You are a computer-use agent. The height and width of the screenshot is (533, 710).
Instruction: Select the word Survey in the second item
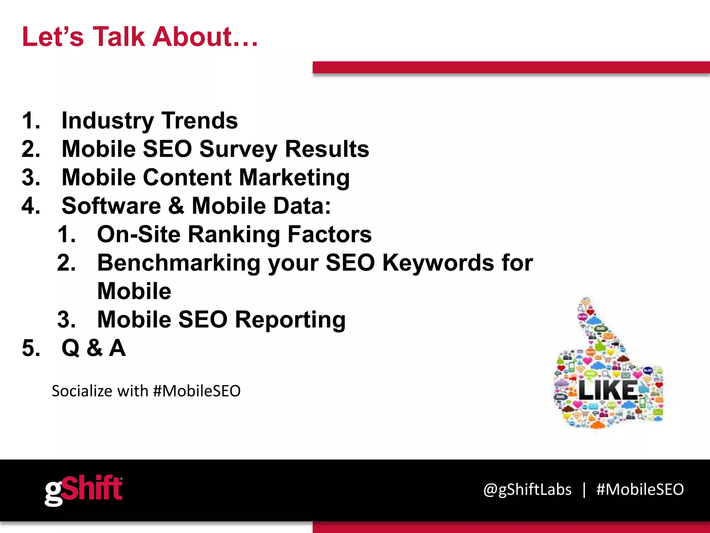pos(238,149)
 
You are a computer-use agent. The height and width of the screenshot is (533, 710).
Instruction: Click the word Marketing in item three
pos(294,178)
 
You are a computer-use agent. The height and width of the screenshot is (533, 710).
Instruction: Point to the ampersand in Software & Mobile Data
pos(176,206)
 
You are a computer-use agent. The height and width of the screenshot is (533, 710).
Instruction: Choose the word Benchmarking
pos(179,263)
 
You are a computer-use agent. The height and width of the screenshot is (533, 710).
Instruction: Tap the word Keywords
pos(438,263)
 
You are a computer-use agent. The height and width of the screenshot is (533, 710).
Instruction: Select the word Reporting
pos(290,320)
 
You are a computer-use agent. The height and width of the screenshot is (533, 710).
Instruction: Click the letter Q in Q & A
pos(70,348)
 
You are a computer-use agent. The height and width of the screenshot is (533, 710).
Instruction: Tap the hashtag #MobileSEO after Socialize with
pos(197,391)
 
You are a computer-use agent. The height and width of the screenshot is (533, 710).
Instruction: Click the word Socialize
pos(82,391)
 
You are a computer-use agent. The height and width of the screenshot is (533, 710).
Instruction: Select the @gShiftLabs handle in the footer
pos(527,490)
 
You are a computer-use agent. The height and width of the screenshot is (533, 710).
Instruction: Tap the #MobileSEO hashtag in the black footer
pos(640,490)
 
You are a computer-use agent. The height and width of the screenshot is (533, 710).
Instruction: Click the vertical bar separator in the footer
pos(584,490)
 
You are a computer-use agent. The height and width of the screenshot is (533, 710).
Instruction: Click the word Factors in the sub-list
pos(329,234)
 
